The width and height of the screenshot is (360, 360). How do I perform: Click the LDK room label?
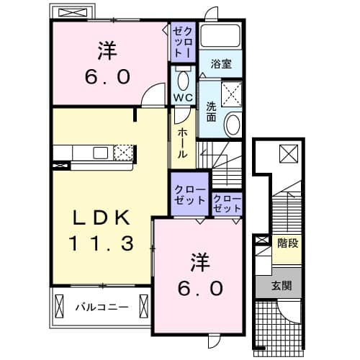point(102,217)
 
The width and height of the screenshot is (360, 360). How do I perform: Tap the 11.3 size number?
point(102,243)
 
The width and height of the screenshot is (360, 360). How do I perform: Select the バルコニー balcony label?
point(103,307)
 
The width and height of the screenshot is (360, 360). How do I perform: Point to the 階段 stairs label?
point(287,243)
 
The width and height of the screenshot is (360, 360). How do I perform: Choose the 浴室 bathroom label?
point(221,64)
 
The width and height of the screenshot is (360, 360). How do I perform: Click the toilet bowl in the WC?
point(183,79)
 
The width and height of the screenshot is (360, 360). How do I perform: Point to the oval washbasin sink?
point(233,125)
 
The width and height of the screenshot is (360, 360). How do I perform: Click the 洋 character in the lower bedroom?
point(201,261)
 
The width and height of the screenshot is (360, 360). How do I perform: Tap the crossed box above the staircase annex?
point(287,153)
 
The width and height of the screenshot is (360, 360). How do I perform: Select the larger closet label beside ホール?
point(189,194)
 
